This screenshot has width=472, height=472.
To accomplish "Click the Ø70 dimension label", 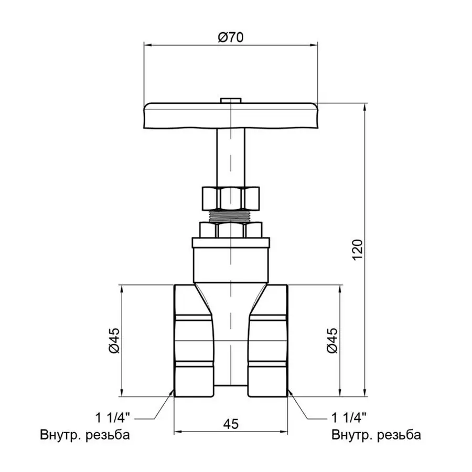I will [231, 37].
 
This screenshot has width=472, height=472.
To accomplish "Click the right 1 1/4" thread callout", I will [349, 418].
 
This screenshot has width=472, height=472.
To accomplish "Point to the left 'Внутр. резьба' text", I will [84, 435].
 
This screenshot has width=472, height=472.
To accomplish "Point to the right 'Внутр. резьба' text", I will [376, 435].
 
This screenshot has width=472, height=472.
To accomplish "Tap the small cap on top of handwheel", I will [231, 100].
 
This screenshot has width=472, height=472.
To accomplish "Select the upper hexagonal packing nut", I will [231, 198].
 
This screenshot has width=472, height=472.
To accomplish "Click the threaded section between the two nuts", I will [231, 216].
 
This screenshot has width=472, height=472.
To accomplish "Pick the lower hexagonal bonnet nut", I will [231, 230].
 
